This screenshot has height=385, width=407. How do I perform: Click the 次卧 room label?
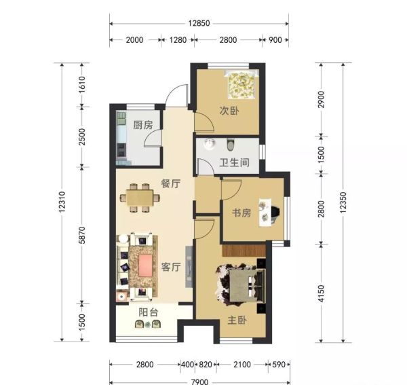(229, 111)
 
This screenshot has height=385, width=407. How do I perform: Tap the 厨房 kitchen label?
(143, 125)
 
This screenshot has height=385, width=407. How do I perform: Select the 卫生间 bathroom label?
(235, 163)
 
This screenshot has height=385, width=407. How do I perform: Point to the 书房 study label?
(241, 213)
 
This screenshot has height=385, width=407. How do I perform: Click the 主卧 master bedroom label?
(237, 320)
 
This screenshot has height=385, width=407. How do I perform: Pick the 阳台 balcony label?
(148, 312)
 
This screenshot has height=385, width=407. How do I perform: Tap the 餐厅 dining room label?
(171, 183)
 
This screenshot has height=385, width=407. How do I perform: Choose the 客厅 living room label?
(171, 267)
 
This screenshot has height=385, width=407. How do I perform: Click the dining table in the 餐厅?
(140, 198)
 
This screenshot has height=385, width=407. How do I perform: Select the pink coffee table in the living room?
(145, 265)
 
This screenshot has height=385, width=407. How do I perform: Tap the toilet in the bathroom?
(230, 145)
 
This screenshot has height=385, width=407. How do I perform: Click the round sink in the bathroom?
(210, 144)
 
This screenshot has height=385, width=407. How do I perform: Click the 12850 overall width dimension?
(199, 23)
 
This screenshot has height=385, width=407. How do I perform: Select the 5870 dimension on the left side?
(82, 235)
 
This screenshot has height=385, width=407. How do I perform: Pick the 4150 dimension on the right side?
(322, 293)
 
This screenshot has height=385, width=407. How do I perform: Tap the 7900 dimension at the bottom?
(199, 382)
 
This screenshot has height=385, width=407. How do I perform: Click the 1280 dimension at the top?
(178, 40)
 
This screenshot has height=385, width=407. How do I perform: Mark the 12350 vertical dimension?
(343, 202)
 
